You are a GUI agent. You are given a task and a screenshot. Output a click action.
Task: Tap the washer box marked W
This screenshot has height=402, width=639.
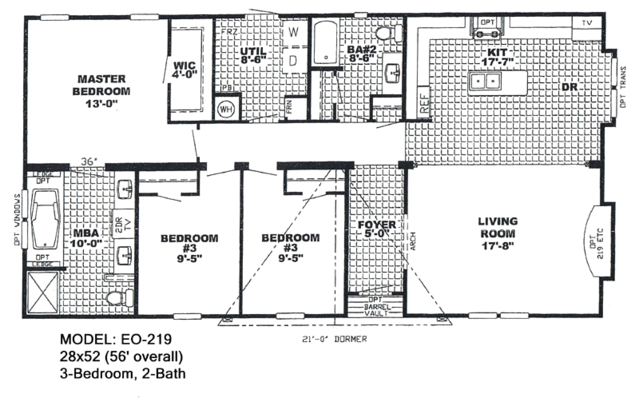point(294,33)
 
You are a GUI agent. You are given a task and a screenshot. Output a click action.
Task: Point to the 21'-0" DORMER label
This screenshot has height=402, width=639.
point(334,339)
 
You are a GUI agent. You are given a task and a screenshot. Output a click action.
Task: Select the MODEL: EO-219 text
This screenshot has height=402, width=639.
point(116,339)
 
